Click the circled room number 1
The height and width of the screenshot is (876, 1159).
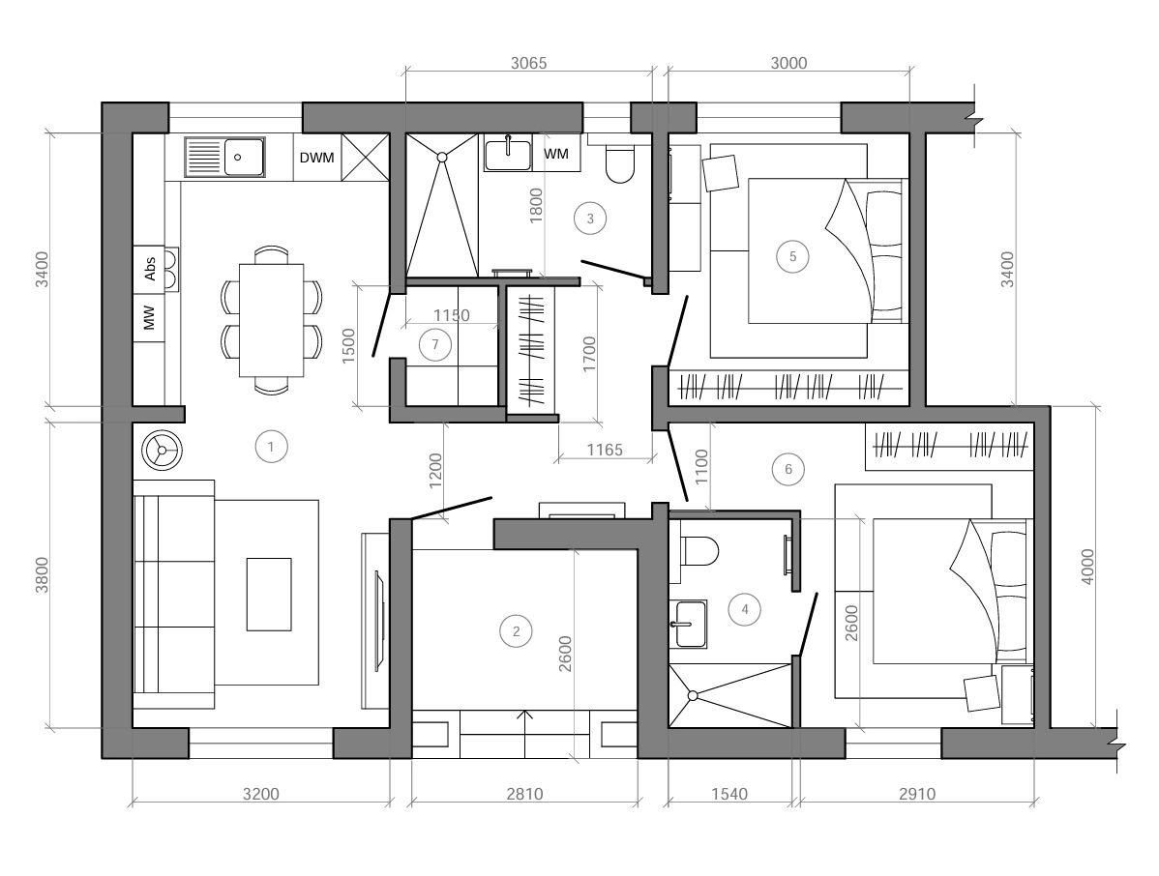(x=271, y=446)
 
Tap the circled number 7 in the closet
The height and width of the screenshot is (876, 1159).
(x=434, y=344)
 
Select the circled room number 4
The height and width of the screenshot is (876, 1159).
(x=744, y=609)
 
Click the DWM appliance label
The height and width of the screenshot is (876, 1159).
(x=317, y=158)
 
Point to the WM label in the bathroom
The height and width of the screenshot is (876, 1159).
(x=556, y=154)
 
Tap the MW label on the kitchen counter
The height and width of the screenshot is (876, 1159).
(x=150, y=318)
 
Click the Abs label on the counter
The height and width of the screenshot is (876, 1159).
(x=150, y=268)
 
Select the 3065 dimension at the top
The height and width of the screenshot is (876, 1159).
(x=528, y=64)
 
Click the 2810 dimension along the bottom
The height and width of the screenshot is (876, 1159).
(x=524, y=794)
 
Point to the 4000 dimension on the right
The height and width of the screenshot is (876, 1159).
(x=1087, y=568)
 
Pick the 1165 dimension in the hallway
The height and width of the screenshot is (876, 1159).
(x=605, y=449)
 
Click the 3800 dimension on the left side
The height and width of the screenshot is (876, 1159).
(x=43, y=574)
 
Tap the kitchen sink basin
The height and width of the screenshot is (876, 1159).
(x=243, y=158)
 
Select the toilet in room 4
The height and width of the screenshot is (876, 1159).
(x=700, y=551)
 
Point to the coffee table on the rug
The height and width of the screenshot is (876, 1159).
(x=268, y=594)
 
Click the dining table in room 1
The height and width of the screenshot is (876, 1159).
(x=271, y=320)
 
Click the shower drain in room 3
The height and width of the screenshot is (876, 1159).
(x=442, y=158)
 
